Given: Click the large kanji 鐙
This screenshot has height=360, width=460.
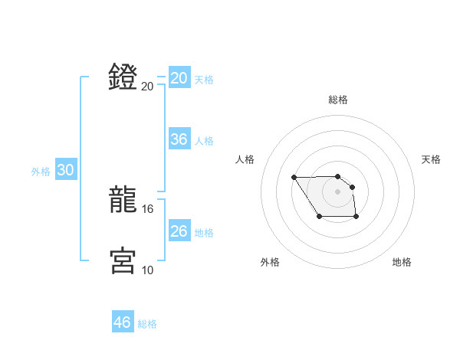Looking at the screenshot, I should pyautogui.click(x=123, y=77).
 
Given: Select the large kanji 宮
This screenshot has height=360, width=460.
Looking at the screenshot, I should pyautogui.click(x=123, y=260).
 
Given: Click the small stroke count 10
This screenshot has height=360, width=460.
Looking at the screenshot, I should pyautogui.click(x=148, y=270).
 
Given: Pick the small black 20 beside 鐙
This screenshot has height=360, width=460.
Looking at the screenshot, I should pyautogui.click(x=148, y=86).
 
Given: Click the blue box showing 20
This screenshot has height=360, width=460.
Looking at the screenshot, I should pyautogui.click(x=179, y=78).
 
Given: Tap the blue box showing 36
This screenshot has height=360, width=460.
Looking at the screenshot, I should pyautogui.click(x=179, y=139).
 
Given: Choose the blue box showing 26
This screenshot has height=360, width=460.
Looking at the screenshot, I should pyautogui.click(x=179, y=231).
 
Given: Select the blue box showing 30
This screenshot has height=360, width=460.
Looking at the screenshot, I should pyautogui.click(x=65, y=170).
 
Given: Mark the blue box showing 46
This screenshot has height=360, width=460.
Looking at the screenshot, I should pyautogui.click(x=122, y=322).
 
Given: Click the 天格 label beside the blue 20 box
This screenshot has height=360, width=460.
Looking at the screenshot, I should pyautogui.click(x=204, y=80).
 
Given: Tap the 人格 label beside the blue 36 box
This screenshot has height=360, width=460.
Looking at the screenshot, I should pyautogui.click(x=204, y=141).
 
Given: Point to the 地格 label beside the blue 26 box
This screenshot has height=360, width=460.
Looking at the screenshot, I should pyautogui.click(x=204, y=233).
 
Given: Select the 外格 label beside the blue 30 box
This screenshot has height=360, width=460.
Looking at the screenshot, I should pyautogui.click(x=41, y=172).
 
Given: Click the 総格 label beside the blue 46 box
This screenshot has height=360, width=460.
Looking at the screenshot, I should pyautogui.click(x=147, y=324).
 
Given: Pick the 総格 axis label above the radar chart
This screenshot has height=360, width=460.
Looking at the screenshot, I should pyautogui.click(x=338, y=100).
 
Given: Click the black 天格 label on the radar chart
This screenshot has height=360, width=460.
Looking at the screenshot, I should pyautogui.click(x=432, y=159).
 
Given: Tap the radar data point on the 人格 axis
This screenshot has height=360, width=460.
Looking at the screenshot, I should pyautogui.click(x=294, y=178).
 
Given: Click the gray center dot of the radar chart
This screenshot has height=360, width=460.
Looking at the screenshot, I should pyautogui.click(x=338, y=191).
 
